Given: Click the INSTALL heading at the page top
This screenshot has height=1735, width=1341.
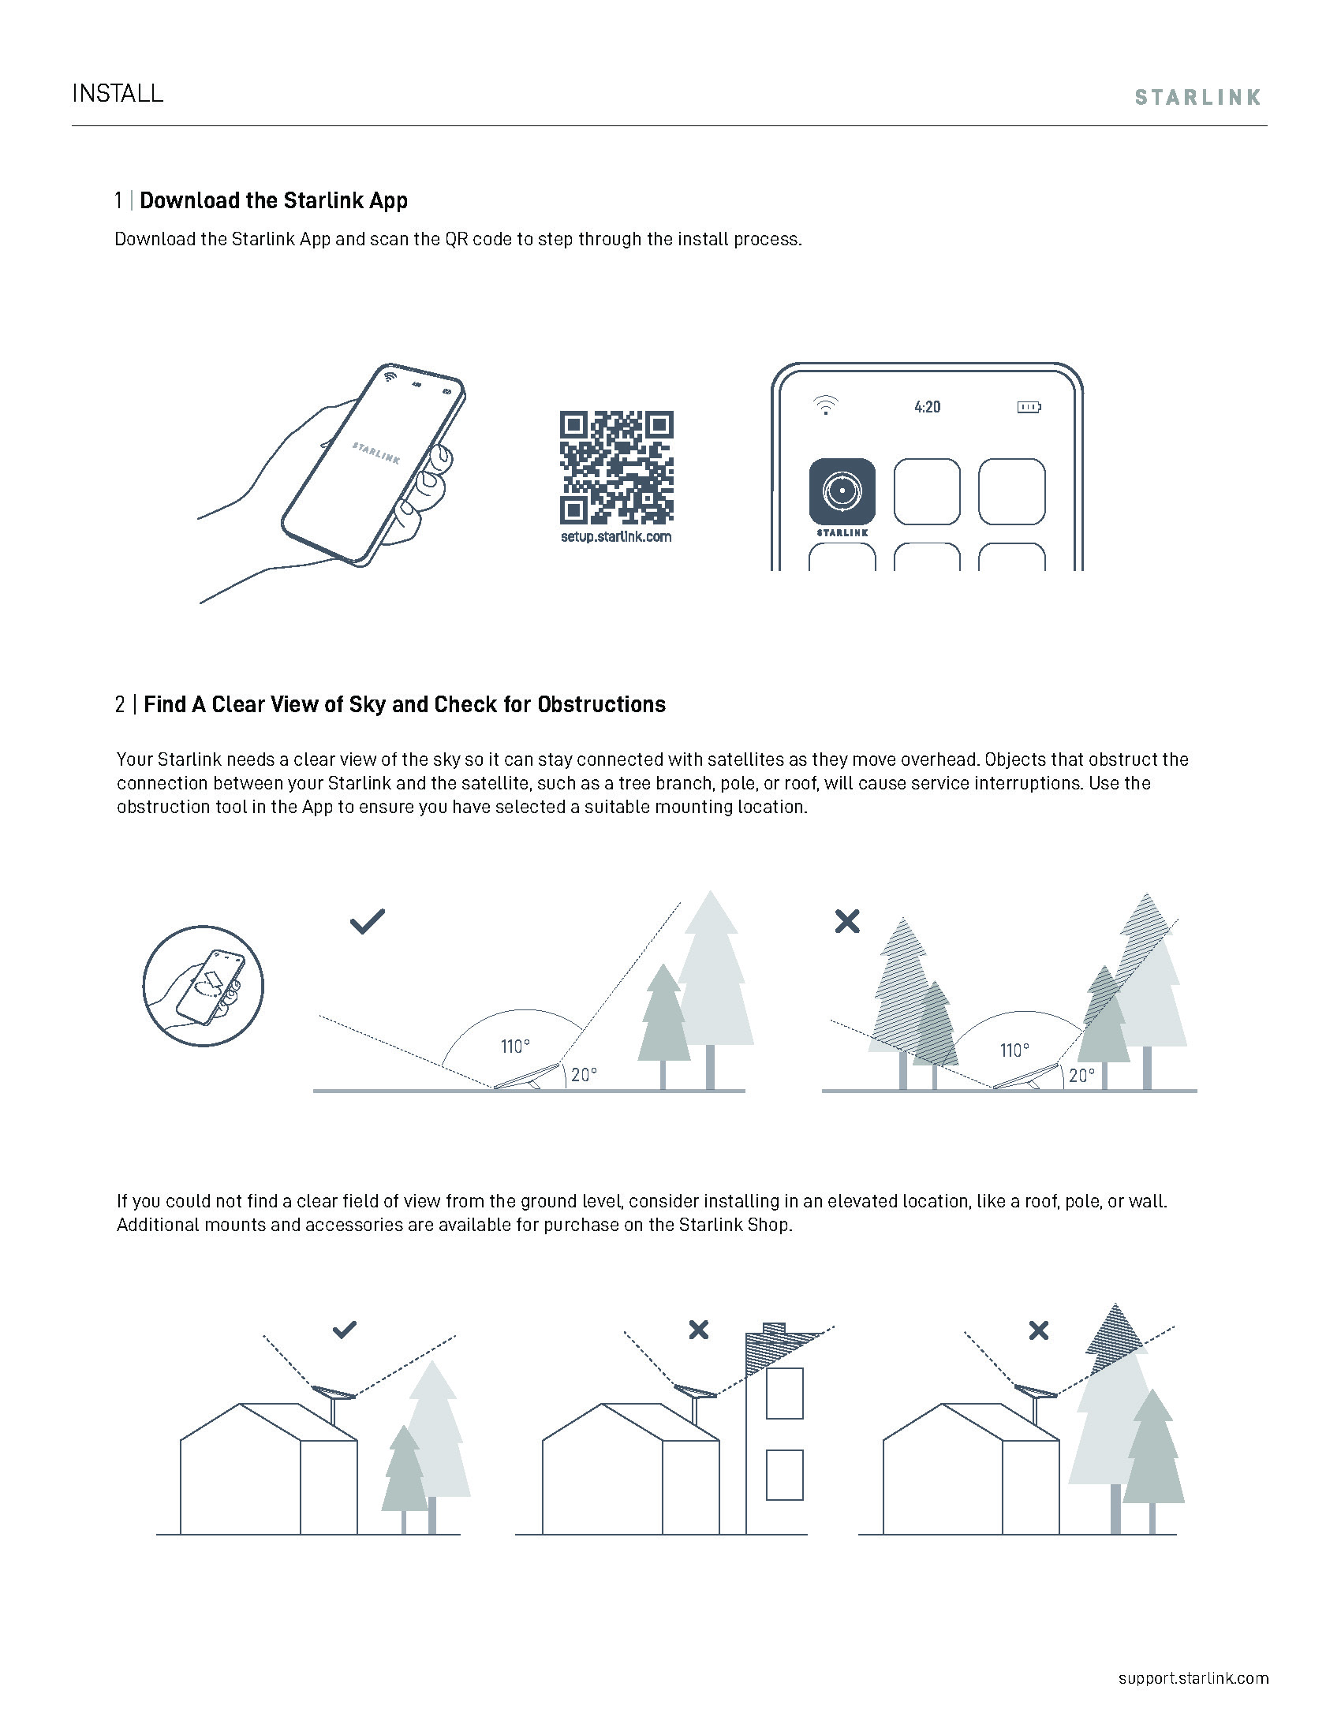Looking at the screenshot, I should tap(118, 94).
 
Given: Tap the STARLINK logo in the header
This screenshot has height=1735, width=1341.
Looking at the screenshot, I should tap(1197, 98).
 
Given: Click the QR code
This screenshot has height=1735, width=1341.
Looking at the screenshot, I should tap(617, 467).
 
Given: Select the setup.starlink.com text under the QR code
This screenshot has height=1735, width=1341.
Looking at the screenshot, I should tap(616, 537).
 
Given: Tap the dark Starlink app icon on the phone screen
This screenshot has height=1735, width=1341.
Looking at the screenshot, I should tap(842, 491).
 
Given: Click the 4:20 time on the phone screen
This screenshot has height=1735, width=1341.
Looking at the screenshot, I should tap(927, 407).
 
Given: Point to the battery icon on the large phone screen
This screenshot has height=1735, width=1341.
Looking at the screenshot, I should tap(1029, 407).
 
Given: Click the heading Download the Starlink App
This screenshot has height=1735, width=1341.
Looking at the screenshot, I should tap(273, 200).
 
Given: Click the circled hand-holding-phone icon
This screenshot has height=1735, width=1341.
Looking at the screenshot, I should tap(203, 985).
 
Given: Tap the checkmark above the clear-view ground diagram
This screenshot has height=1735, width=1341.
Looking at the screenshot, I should tap(367, 920).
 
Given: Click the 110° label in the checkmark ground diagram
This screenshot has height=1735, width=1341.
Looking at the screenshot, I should tap(515, 1047).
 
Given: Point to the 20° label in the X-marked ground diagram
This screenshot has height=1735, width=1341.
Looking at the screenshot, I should tap(1081, 1076).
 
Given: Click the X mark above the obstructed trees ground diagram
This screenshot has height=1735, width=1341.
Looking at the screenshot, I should tap(847, 921).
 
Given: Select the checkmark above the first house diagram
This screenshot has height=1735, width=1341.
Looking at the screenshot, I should tap(344, 1329).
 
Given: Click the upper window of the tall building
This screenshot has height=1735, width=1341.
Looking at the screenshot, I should tap(784, 1394).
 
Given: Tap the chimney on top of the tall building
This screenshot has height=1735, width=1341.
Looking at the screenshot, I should tap(773, 1327).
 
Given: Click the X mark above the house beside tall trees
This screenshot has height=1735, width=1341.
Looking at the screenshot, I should tap(1037, 1330).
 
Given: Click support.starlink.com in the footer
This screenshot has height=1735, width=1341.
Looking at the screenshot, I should tap(1193, 1677).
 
